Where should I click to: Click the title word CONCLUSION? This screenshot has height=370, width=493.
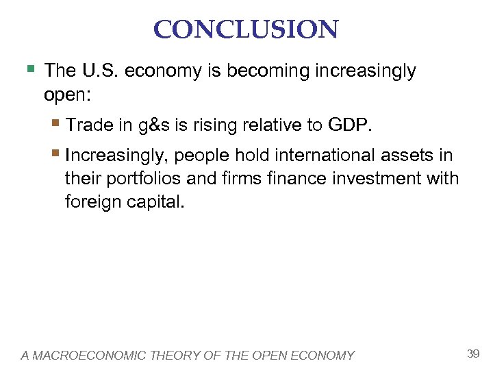(x=246, y=29)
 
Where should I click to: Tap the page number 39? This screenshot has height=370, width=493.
(x=472, y=354)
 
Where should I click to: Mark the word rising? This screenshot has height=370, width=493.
(x=212, y=125)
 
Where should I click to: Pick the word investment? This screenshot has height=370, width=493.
(x=368, y=179)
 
